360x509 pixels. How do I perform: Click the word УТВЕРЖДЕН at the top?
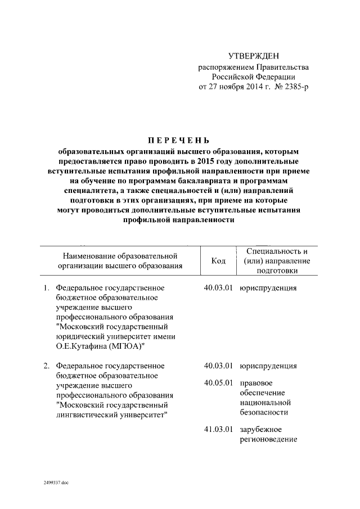pyautogui.click(x=253, y=56)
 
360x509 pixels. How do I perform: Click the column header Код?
pyautogui.click(x=218, y=261)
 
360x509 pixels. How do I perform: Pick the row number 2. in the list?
pyautogui.click(x=47, y=366)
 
